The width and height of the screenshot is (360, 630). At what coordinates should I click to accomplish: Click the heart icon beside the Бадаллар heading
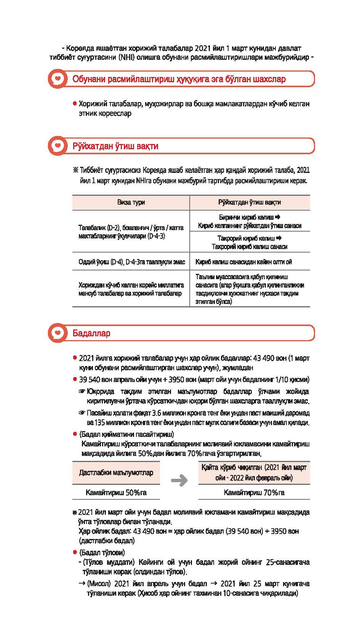pos(58,333)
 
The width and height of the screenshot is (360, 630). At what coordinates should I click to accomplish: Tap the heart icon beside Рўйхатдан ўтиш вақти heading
pos(58,146)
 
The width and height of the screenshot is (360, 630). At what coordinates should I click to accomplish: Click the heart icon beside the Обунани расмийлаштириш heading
pos(58,79)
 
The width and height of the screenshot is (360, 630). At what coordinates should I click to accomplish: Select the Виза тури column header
pos(131,202)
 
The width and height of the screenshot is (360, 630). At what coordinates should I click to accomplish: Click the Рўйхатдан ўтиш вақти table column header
pos(250,202)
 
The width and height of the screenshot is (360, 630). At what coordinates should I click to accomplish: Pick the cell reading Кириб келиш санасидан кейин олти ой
pos(243,262)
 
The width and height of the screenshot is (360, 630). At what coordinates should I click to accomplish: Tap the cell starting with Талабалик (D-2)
pos(131,232)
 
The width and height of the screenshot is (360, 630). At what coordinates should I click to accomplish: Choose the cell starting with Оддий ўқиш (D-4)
pos(131,262)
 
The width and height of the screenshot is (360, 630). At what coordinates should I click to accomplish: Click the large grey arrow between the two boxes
pos(179,480)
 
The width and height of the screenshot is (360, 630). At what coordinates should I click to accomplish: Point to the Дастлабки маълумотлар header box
pos(116,473)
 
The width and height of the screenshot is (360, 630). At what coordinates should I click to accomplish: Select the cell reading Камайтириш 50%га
pos(116,492)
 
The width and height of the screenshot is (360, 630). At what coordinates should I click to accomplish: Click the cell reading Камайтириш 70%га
pos(254,492)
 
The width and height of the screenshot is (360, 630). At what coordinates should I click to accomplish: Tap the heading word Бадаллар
pos(91,333)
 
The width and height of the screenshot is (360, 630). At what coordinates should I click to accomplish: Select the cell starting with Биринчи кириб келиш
pos(250,221)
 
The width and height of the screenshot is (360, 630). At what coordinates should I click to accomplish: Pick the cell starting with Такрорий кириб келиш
pos(250,242)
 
